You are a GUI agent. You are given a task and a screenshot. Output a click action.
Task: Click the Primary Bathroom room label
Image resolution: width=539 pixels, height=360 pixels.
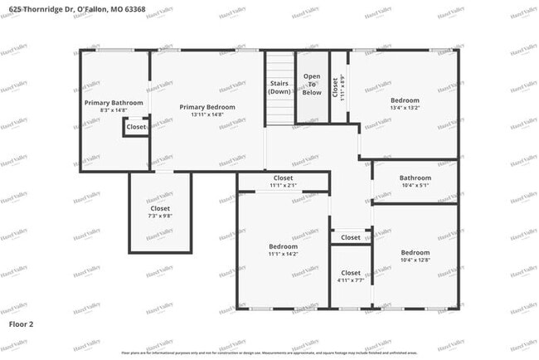click(x=114, y=103)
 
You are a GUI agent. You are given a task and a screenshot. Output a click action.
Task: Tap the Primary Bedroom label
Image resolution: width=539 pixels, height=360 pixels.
click(x=207, y=107)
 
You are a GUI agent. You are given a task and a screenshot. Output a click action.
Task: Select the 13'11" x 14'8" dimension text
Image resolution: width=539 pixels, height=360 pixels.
click(x=207, y=115)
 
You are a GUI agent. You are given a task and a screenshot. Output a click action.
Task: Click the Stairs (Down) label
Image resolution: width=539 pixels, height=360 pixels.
click(x=279, y=87)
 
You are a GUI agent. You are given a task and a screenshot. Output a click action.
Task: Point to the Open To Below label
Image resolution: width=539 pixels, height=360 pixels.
click(x=312, y=85)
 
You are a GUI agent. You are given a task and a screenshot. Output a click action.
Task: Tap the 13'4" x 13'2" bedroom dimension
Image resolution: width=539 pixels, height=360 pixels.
click(x=405, y=107)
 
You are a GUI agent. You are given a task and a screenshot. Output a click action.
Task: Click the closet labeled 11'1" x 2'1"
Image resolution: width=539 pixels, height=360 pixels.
click(x=283, y=182)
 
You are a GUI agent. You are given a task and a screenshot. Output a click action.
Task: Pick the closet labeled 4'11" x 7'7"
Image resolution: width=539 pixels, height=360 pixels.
click(x=351, y=276)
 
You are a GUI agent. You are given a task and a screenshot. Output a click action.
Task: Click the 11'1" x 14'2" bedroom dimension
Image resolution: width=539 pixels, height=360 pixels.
click(x=283, y=255)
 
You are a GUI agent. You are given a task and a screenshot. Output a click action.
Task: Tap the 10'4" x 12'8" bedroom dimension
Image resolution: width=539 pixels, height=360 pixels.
click(x=415, y=260)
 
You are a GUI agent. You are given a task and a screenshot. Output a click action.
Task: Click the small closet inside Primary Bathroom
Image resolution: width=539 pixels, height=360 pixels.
click(x=136, y=127)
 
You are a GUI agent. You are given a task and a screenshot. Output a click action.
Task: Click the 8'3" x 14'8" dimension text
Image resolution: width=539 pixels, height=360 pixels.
click(x=114, y=110)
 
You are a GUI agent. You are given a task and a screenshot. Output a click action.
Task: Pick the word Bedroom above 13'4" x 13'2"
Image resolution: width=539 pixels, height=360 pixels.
click(x=405, y=100)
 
